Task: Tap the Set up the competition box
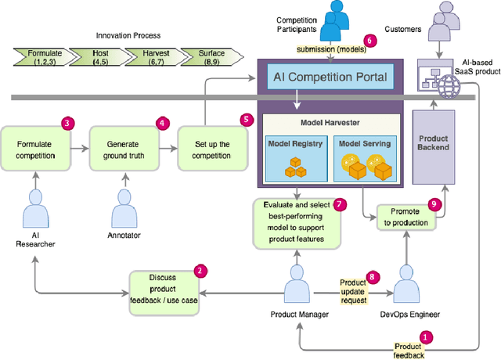click(210, 148)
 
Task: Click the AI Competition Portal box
click(330, 77)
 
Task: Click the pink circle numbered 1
click(426, 337)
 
